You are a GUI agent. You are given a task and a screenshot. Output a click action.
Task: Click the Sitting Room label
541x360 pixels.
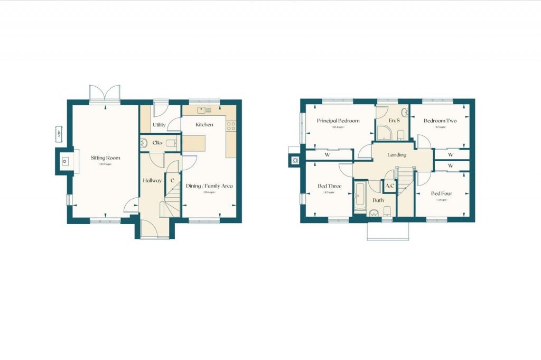105,158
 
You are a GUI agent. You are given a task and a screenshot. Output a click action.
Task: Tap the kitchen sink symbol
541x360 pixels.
204,110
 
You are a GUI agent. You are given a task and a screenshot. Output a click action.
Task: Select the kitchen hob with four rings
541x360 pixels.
231,126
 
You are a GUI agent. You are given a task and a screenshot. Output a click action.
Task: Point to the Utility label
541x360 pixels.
159,125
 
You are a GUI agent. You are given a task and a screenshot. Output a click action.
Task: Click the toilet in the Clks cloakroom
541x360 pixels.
170,143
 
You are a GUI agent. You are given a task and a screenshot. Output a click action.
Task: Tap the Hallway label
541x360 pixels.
152,181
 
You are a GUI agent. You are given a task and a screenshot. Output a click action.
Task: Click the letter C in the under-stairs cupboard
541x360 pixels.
172,181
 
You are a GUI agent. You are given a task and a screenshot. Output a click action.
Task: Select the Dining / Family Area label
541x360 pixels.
209,186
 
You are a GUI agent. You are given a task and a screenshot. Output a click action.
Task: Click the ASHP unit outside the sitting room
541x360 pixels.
59,134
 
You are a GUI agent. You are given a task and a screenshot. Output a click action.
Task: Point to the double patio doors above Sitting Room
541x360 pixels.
104,95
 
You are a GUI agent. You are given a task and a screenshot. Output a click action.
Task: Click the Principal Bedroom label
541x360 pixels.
338,121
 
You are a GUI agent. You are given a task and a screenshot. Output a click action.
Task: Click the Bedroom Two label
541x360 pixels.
440,121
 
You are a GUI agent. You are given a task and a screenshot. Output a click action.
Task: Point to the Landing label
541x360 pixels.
397,155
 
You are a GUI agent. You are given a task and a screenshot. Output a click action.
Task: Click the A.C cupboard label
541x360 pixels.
390,186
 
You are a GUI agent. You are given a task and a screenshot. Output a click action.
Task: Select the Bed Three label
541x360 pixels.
329,186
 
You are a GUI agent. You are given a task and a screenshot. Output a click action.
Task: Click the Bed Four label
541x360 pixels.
442,193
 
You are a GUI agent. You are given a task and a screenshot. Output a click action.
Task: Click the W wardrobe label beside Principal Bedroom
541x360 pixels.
328,155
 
